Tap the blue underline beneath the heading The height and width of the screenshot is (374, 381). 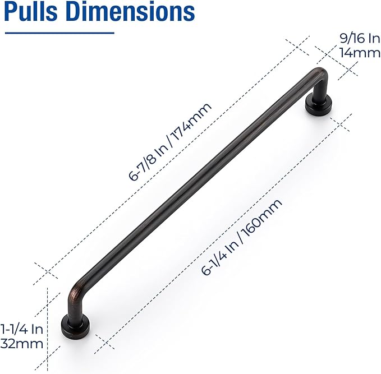click(59, 33)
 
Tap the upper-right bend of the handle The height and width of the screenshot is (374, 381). click(320, 76)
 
